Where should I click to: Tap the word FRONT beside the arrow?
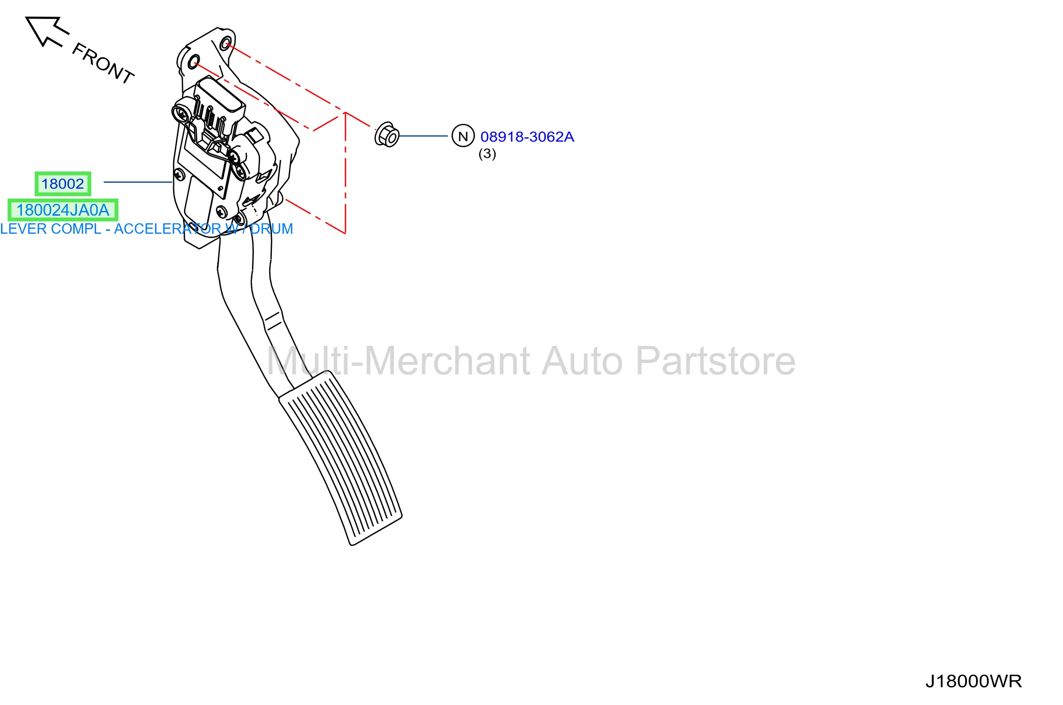point(103,63)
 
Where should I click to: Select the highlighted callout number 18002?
point(63,184)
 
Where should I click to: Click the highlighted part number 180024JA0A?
point(63,210)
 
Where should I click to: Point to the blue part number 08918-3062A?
point(527,137)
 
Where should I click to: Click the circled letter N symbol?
point(463,136)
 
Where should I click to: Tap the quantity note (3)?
point(487,154)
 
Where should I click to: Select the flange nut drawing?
point(387,135)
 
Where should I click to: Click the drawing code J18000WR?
point(973,681)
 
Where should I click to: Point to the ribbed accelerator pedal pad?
point(340,458)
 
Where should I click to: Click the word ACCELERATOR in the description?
point(167,229)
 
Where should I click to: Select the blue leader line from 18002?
point(138,182)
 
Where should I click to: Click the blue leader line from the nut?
point(423,136)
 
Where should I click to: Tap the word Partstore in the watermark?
point(715,361)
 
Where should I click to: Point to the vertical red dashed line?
point(345,173)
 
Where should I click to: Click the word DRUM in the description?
point(271,229)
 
